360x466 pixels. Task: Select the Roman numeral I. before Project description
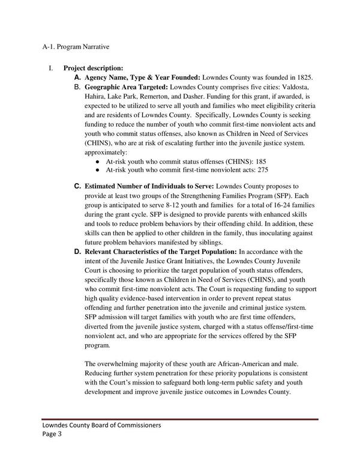tap(52, 68)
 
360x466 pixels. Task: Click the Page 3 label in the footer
tap(54, 435)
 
